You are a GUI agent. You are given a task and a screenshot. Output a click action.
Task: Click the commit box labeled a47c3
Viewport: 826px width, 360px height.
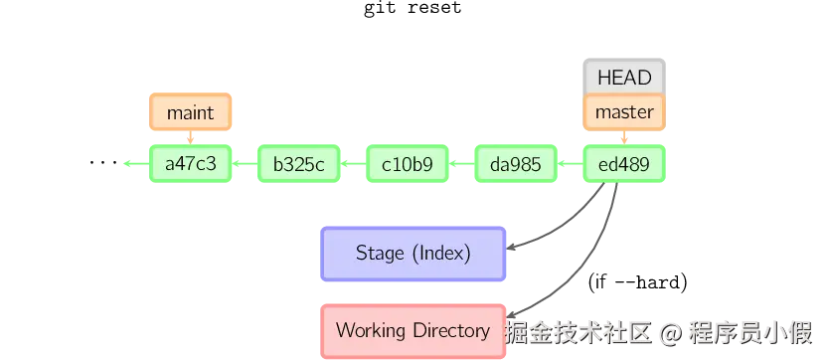[190, 164]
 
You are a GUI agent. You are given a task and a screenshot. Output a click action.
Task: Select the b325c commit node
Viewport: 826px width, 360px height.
[298, 164]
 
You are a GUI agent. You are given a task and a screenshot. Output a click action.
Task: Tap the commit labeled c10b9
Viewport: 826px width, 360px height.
[408, 164]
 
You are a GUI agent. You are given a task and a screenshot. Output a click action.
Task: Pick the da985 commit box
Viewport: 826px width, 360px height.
[515, 164]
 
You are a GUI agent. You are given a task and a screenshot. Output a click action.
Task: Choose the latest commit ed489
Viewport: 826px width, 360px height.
[623, 164]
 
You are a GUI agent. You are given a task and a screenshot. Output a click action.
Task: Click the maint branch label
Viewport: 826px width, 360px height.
[190, 112]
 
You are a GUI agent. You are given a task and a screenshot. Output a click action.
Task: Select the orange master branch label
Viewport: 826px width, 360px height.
[623, 112]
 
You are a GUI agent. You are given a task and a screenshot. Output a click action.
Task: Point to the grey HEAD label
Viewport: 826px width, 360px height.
[623, 78]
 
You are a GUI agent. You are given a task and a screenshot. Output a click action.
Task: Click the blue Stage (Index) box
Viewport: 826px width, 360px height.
[413, 253]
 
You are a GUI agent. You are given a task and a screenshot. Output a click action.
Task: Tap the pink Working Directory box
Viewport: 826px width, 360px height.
[413, 330]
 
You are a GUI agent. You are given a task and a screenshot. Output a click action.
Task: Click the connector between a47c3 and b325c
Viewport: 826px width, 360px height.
[245, 164]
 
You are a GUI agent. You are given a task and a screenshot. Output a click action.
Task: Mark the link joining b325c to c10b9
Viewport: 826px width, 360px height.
[353, 164]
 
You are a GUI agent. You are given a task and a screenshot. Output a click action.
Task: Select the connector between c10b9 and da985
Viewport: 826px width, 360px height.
[461, 164]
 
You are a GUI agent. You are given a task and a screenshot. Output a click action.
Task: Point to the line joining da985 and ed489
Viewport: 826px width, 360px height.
[570, 164]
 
